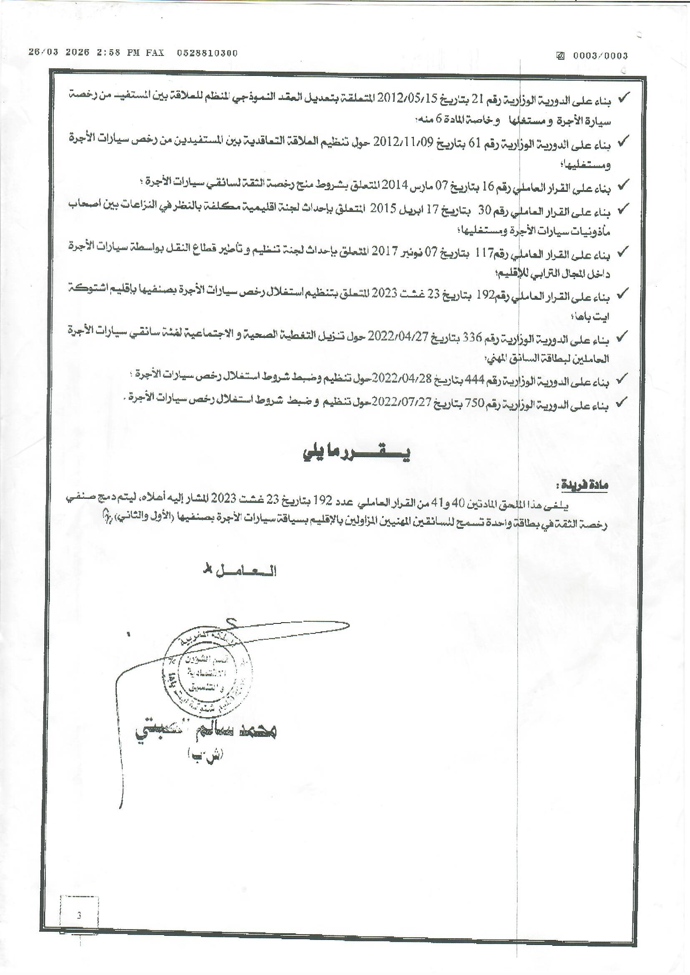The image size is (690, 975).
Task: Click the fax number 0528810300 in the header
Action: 207,53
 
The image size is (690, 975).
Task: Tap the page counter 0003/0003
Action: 600,55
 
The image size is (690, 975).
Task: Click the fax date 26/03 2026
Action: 59,52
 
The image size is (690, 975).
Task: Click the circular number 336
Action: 473,338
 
